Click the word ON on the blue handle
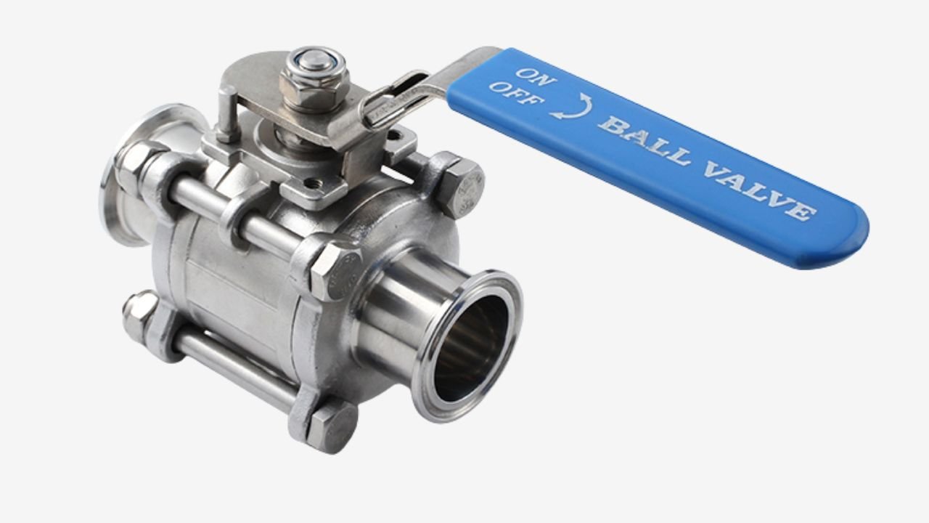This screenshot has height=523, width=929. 536,77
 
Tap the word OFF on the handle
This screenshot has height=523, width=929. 517,94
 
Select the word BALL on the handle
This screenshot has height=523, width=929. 646,141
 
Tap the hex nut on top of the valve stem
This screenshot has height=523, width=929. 315,80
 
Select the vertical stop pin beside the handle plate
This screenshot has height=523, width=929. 227,114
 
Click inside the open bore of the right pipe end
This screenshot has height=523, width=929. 471,348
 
